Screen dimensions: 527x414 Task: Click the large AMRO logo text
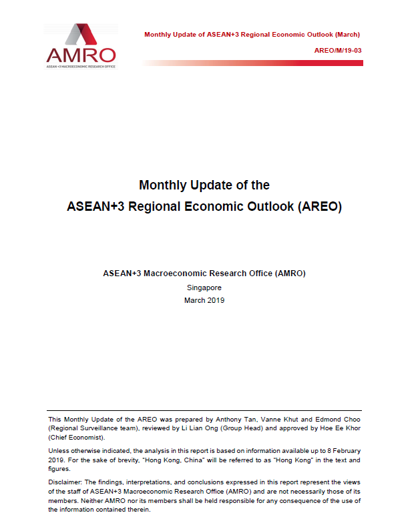tap(81, 55)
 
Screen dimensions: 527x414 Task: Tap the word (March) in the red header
tap(348, 34)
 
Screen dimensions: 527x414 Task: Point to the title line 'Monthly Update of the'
tap(204, 185)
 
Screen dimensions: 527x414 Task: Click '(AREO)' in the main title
tap(317, 207)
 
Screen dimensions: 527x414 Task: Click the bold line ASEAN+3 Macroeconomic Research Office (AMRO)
tap(204, 274)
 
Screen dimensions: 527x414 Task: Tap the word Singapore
tap(204, 288)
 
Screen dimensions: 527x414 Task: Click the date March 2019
tap(204, 300)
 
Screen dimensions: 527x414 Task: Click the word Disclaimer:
tap(65, 482)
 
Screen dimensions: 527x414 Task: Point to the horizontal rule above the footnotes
tap(204, 410)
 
